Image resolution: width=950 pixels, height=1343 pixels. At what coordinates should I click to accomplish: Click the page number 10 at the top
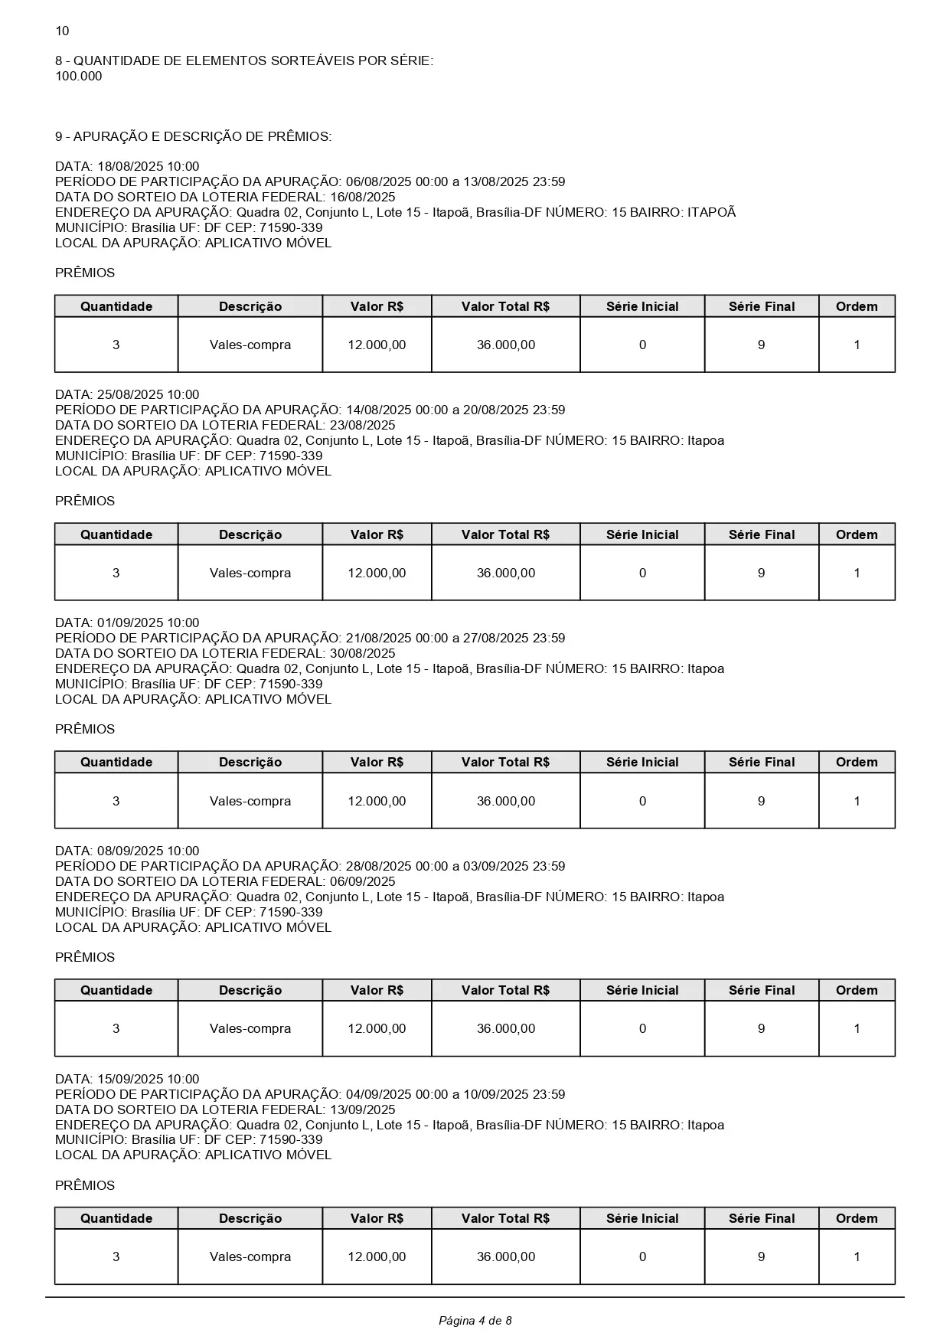[62, 31]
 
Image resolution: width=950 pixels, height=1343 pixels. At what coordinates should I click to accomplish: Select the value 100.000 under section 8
[78, 76]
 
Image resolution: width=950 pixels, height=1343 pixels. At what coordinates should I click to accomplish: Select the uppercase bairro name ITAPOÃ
[711, 212]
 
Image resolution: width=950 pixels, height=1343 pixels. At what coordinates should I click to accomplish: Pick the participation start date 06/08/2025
[379, 181]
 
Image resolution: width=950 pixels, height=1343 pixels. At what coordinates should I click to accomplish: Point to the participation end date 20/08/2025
[495, 410]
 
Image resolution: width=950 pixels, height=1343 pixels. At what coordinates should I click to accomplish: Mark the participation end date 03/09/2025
[495, 866]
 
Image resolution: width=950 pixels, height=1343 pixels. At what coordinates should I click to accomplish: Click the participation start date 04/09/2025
[379, 1094]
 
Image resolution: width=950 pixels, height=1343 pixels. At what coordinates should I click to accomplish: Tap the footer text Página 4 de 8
[475, 1320]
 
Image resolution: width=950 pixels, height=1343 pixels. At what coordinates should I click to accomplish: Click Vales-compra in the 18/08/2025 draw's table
[250, 345]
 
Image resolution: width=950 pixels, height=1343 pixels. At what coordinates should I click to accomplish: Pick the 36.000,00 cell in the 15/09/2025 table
[506, 1256]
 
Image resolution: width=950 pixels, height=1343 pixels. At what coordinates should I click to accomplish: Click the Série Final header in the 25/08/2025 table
[762, 534]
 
